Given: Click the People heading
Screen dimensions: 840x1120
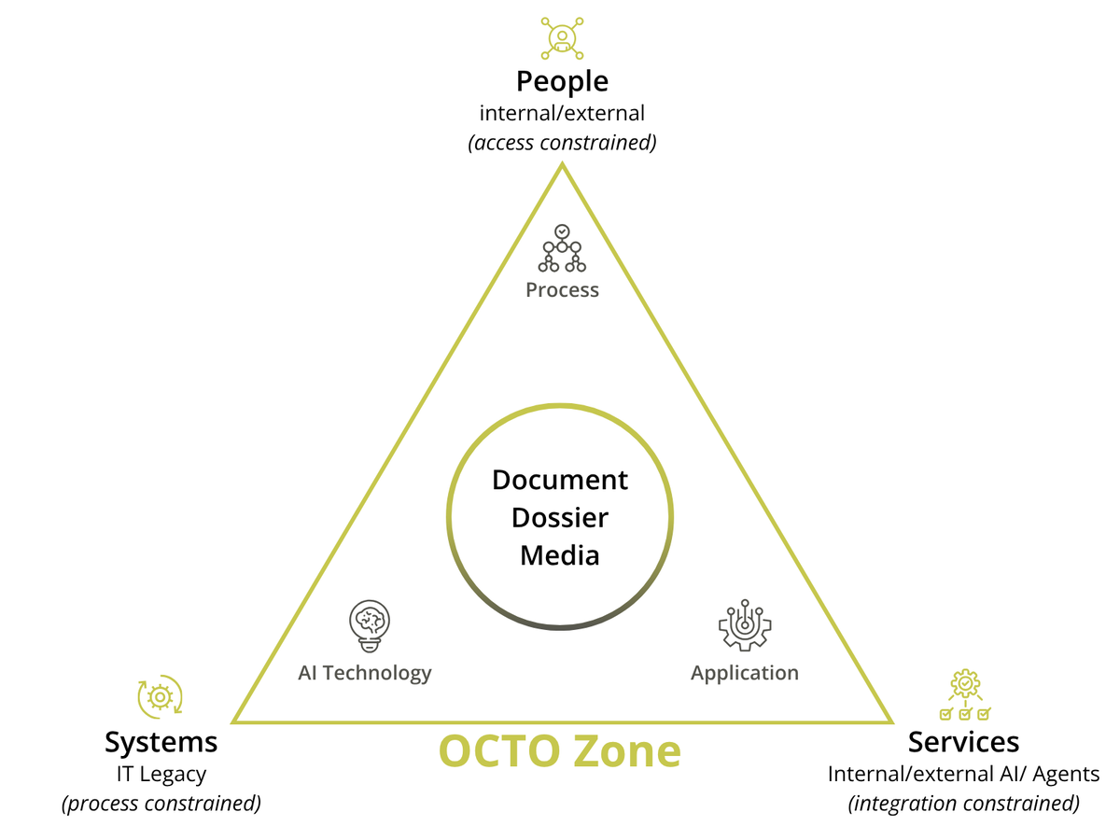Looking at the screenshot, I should click(562, 81).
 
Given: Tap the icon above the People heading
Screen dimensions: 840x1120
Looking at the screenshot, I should click(562, 35).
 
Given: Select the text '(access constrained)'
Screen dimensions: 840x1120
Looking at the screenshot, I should click(562, 143).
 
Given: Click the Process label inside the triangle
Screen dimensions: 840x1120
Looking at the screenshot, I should click(562, 289).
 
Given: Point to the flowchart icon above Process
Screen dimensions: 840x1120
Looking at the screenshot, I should click(562, 248).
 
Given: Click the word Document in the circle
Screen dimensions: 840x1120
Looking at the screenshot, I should click(560, 480).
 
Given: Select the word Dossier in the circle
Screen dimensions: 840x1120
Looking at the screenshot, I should click(560, 517).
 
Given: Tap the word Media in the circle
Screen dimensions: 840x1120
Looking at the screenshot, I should click(560, 555).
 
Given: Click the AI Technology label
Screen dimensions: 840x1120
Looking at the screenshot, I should click(365, 672).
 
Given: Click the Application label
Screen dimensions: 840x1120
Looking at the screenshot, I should click(745, 672).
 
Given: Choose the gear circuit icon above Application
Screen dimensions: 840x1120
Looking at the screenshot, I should click(745, 624).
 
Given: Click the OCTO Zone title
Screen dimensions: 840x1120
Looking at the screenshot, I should click(560, 751).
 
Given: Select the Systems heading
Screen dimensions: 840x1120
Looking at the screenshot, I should click(161, 742).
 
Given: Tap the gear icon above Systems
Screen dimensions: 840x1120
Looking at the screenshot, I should click(161, 696).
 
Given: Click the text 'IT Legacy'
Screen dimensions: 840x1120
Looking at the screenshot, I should click(161, 774).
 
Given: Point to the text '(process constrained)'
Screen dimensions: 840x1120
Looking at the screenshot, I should click(161, 804).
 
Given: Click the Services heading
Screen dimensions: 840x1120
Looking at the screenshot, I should click(963, 742).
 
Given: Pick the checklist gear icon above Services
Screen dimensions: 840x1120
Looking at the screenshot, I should click(964, 694).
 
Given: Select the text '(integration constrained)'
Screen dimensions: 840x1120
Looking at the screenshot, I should click(963, 804).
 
